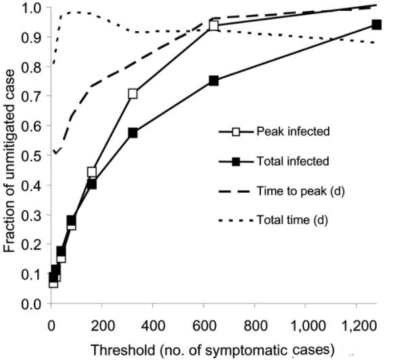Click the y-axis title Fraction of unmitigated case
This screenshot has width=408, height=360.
(x=10, y=155)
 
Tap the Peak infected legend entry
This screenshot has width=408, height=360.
(x=292, y=131)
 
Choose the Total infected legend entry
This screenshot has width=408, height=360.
(x=292, y=161)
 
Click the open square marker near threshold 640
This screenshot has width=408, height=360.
(x=214, y=26)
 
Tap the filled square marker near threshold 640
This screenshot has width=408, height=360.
(x=214, y=81)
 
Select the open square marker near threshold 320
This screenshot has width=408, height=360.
(x=133, y=93)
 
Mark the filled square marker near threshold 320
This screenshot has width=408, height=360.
(x=133, y=133)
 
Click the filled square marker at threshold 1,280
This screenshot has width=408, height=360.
(x=377, y=24)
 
